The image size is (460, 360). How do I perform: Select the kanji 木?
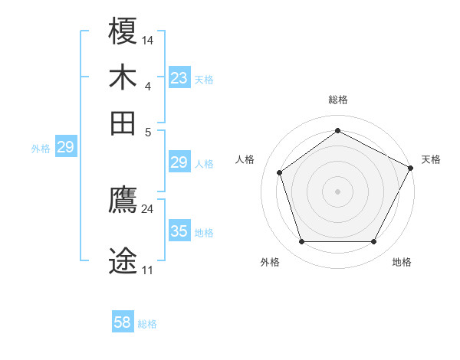pyautogui.click(x=123, y=78)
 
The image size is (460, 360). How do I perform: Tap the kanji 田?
pyautogui.click(x=123, y=123)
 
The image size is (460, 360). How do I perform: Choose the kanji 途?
pyautogui.click(x=123, y=261)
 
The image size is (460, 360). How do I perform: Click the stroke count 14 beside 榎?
pyautogui.click(x=148, y=40)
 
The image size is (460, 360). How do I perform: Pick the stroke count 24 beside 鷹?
pyautogui.click(x=147, y=208)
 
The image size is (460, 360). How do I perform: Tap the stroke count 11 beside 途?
pyautogui.click(x=147, y=270)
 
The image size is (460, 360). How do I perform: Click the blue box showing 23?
pyautogui.click(x=179, y=78)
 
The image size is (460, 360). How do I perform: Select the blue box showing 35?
pyautogui.click(x=179, y=231)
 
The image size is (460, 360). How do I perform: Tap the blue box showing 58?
pyautogui.click(x=123, y=322)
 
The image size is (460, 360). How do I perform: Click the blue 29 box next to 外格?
pyautogui.click(x=66, y=147)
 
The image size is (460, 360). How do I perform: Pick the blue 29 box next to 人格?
pyautogui.click(x=179, y=162)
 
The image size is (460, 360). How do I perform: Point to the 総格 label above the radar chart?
pyautogui.click(x=337, y=100)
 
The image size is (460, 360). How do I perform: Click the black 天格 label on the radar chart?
pyautogui.click(x=431, y=159)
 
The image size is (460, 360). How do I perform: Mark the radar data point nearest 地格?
pyautogui.click(x=374, y=242)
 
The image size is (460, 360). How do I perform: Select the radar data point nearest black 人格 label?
pyautogui.click(x=280, y=172)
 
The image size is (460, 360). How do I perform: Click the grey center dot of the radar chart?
pyautogui.click(x=337, y=191)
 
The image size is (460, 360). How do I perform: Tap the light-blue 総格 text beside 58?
pyautogui.click(x=147, y=324)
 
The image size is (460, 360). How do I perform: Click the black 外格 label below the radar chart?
pyautogui.click(x=270, y=262)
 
